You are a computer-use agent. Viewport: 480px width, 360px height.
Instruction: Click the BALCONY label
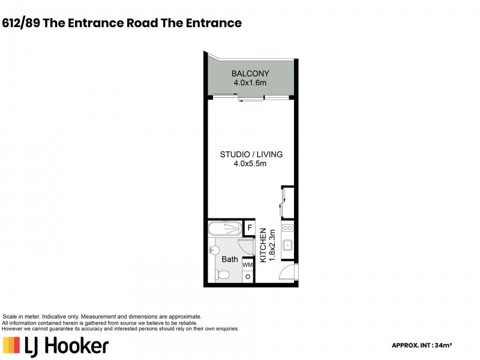point(250,74)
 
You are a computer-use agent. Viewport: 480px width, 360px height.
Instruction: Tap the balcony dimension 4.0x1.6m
point(250,83)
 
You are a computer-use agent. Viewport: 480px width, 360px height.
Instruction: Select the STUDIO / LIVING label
point(250,154)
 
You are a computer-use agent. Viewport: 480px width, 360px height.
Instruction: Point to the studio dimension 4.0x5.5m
point(250,163)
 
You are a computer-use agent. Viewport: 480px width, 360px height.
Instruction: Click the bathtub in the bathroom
point(224,229)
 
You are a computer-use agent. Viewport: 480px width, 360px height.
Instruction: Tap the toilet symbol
point(221,275)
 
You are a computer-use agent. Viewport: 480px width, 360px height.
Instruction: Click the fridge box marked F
point(250,229)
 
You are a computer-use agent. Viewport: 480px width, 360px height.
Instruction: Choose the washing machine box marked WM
point(248,265)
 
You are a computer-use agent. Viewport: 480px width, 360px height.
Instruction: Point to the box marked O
point(248,277)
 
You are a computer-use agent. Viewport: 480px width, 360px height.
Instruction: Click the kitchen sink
point(287,245)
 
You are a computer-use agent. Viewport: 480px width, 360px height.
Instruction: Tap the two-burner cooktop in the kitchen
point(287,228)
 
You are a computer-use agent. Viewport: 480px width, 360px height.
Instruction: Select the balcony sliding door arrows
point(250,100)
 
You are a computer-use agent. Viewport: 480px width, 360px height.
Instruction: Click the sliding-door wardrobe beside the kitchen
point(287,203)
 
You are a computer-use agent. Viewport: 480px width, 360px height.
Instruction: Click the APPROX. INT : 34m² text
point(421,345)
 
